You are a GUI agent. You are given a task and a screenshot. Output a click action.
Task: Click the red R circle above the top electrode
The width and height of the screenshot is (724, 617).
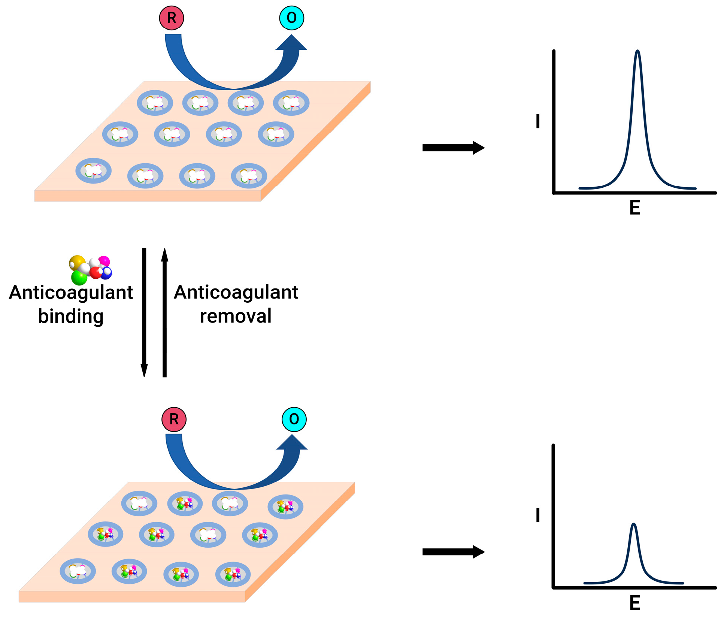pos(171,18)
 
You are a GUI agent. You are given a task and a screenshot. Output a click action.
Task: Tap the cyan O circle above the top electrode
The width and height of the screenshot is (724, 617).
pos(291,18)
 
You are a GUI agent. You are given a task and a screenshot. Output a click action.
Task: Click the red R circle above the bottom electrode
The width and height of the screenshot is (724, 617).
pos(174,419)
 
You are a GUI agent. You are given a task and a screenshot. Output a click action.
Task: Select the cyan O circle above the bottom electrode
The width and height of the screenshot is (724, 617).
pos(294,419)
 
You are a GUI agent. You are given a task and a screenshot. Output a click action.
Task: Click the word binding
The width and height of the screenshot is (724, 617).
pos(71,317)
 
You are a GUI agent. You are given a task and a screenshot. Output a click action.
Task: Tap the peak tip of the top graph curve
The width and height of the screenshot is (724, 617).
pos(637,51)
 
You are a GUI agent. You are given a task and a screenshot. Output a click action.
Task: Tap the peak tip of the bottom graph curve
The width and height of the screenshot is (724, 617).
pos(633,524)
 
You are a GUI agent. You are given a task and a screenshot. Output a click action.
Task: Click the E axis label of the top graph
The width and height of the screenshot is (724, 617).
pos(634,208)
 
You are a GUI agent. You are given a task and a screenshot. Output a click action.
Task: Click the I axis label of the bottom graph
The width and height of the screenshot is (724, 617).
pos(538,515)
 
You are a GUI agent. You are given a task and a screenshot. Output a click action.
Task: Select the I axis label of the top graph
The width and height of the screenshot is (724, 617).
pos(538,121)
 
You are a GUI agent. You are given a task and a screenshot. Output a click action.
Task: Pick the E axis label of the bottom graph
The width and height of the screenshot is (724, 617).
pos(634,603)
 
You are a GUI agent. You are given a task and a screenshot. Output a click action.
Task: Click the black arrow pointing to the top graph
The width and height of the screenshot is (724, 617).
pos(453,148)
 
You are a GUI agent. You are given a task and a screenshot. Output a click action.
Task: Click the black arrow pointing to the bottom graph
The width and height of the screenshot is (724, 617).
pos(453,551)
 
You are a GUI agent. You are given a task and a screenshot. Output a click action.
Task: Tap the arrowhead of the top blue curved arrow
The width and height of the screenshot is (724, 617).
pos(291,43)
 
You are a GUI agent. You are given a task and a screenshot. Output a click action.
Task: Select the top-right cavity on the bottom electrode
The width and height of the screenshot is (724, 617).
pos(285,506)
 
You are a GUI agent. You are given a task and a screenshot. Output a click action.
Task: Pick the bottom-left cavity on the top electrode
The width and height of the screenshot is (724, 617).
pos(94,170)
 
